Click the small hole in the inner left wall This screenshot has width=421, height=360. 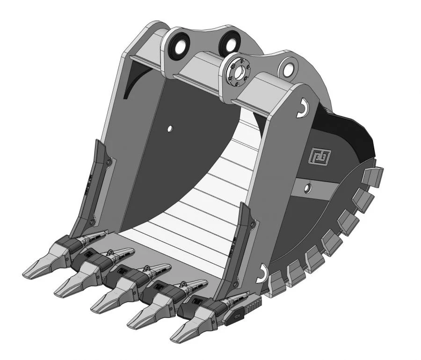170,127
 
